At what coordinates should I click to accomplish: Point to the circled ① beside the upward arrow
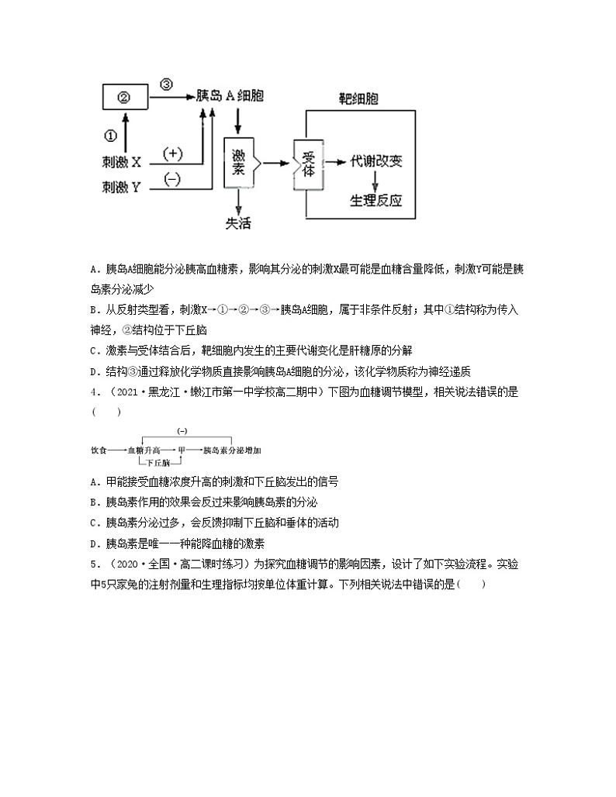(110, 136)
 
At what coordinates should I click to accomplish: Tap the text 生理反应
(376, 200)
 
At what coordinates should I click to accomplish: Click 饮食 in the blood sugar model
(99, 449)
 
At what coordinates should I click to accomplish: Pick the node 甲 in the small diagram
(182, 449)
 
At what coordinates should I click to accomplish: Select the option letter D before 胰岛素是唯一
(94, 543)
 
